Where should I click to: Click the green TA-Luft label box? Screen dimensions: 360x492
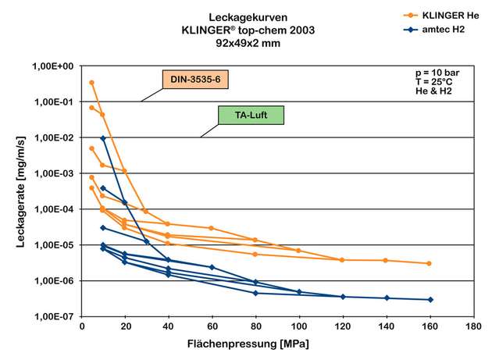click(249, 116)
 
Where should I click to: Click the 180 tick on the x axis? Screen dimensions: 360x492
click(472, 328)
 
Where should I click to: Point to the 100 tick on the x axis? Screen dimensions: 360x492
click(299, 328)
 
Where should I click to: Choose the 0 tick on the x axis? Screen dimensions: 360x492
click(83, 328)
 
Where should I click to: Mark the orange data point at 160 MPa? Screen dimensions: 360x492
click(429, 263)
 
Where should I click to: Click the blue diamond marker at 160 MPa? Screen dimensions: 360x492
click(430, 299)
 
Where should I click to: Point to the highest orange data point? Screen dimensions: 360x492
click(91, 82)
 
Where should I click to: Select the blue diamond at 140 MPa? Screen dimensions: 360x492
click(386, 298)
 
